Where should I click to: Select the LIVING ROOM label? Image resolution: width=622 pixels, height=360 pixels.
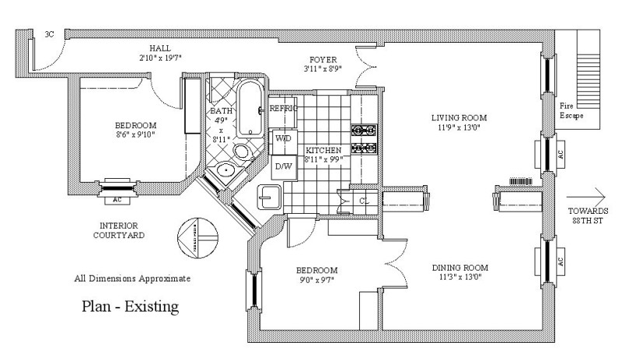coord(459,118)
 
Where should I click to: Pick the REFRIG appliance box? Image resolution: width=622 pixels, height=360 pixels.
coord(283,109)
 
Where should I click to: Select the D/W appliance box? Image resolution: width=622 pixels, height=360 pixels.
coord(282,166)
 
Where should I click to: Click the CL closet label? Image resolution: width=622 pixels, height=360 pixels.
coord(363,201)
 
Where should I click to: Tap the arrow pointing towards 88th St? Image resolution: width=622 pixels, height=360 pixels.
coord(586,194)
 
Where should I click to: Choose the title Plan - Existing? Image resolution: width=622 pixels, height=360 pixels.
coord(131,306)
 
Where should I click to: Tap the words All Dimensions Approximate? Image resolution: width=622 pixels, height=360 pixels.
coord(131,278)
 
